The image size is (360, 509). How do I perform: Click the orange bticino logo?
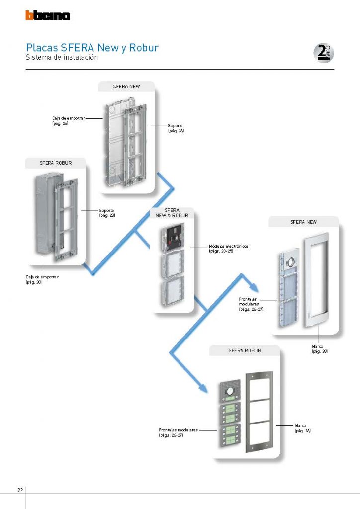(48, 16)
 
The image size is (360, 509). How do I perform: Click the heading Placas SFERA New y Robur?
(92, 48)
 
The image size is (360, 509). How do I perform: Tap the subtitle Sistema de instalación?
(62, 57)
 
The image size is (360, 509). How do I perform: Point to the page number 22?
(20, 490)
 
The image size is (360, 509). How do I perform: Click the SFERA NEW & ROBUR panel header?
(172, 213)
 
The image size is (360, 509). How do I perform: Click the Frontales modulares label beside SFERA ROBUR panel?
(179, 432)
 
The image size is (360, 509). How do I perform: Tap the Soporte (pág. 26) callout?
(176, 129)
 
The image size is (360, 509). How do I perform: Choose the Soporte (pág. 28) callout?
(107, 213)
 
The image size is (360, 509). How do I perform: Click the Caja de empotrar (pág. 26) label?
(68, 121)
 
